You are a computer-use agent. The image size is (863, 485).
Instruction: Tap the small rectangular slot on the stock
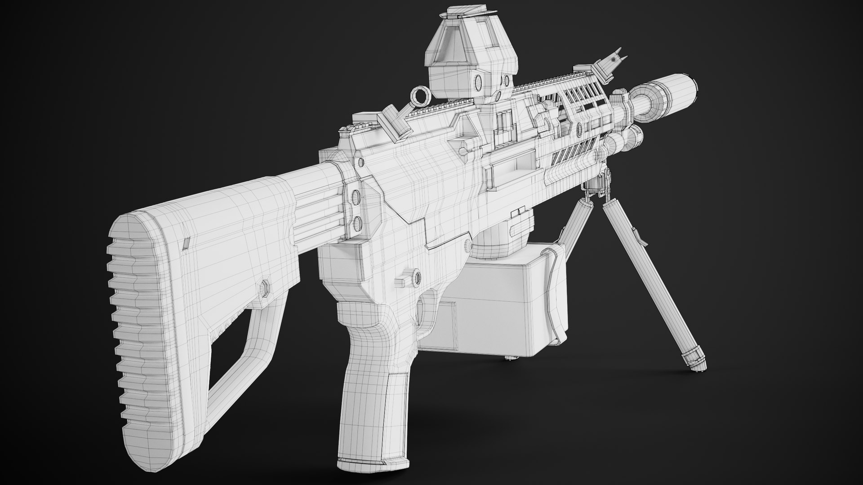185,243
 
